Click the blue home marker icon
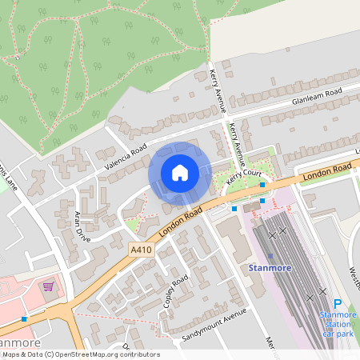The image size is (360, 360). pos(180,173)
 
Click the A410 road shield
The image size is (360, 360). pos(140,250)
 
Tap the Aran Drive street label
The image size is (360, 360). pos(83,226)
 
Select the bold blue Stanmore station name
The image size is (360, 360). pos(270,267)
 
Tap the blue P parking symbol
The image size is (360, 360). pos(337,304)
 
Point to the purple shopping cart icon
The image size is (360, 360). pos(48,286)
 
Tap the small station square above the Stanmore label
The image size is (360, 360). pos(270,256)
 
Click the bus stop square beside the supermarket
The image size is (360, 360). pos(25,318)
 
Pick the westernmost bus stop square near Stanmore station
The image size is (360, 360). pos(234,208)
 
